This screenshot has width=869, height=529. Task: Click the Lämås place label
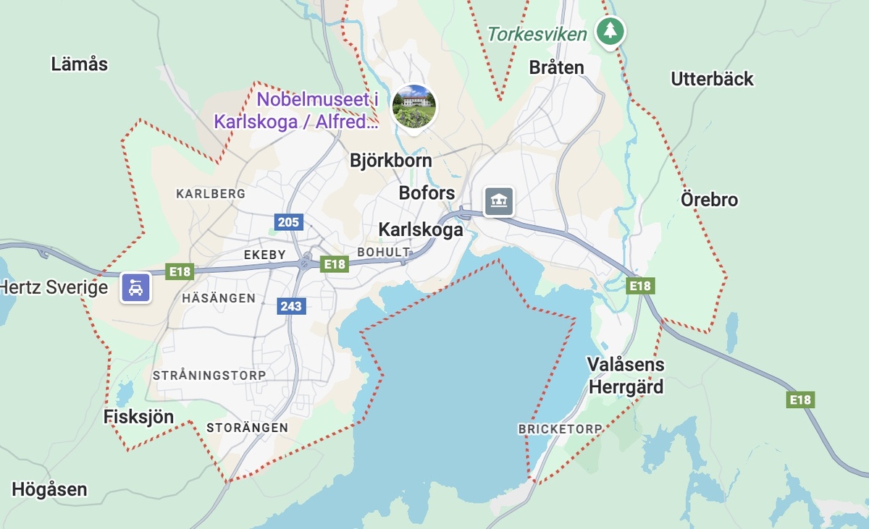[x=80, y=64]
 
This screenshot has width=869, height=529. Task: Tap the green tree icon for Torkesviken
[x=610, y=31]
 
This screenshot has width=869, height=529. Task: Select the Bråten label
[x=556, y=67]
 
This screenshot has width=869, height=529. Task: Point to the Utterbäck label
[x=712, y=79]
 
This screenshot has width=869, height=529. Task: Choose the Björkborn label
[x=390, y=161]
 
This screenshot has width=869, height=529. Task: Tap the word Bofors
[x=427, y=193]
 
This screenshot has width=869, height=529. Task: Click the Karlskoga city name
[x=420, y=230]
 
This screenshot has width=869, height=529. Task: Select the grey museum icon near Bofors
[x=498, y=201]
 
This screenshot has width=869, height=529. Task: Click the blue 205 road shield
[x=288, y=221]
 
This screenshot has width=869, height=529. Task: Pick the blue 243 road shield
[x=291, y=306]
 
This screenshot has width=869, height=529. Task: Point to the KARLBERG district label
[x=211, y=194]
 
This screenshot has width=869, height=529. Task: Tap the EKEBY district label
[x=264, y=255]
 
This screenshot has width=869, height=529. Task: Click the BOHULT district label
[x=384, y=252]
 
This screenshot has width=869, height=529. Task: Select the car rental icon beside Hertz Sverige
[x=135, y=287]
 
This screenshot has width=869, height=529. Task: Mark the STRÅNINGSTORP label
[x=209, y=376]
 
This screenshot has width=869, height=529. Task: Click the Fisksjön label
[x=139, y=417]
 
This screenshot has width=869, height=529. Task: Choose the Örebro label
[x=709, y=200]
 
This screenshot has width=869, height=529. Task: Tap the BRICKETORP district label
[x=560, y=429]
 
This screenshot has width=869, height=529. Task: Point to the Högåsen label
[x=49, y=490]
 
